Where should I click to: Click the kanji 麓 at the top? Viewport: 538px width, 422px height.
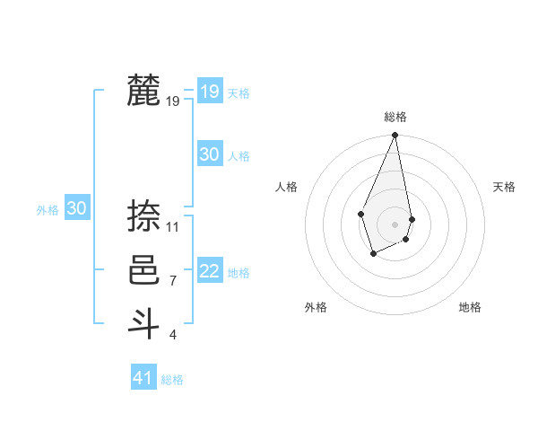[x=144, y=91]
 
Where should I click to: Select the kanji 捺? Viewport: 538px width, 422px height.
[x=144, y=216]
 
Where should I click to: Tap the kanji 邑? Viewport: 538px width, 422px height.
[x=144, y=270]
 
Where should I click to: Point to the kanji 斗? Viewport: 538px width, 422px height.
[x=144, y=322]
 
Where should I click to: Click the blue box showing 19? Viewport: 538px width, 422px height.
[x=209, y=91]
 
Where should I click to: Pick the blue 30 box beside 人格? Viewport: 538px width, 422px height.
[x=209, y=154]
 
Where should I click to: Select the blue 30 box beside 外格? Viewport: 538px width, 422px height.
[x=76, y=208]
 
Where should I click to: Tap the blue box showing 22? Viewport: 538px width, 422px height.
[x=209, y=271]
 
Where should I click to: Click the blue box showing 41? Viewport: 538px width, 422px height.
[x=143, y=378]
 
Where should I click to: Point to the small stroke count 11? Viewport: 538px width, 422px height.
[x=173, y=227]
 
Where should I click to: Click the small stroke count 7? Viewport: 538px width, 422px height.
[x=173, y=281]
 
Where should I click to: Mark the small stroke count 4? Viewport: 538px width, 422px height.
[x=173, y=335]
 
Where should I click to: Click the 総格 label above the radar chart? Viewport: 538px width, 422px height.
[x=395, y=117]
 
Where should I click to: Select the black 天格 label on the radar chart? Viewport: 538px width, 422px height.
[x=504, y=187]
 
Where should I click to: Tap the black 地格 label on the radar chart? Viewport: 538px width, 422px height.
[x=470, y=307]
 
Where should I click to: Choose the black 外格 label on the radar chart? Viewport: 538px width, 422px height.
[x=316, y=307]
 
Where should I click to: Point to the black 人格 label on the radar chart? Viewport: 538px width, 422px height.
[x=286, y=187]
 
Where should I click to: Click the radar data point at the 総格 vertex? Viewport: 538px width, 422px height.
[x=395, y=136]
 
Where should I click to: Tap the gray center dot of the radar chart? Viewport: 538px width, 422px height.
[x=395, y=224]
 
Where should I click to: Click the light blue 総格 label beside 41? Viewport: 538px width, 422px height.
[x=172, y=380]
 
